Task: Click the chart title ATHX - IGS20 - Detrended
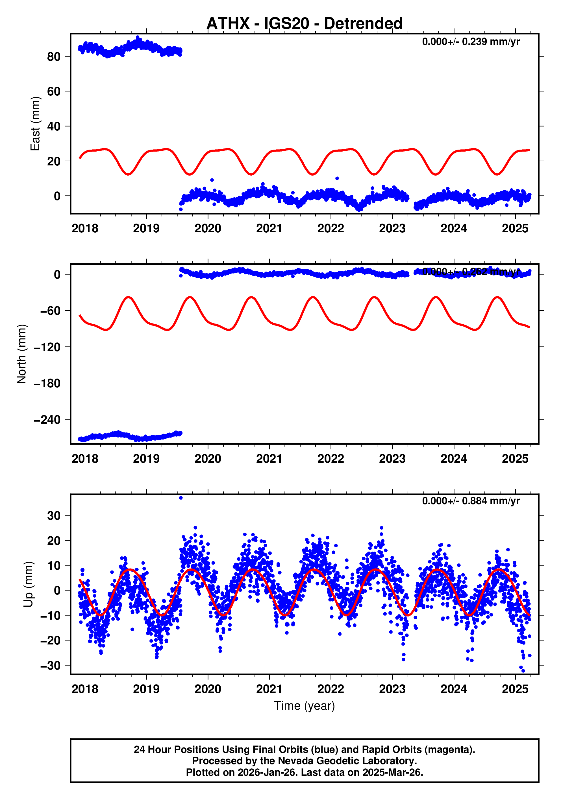pyautogui.click(x=305, y=23)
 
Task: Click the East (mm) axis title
pyautogui.click(x=35, y=124)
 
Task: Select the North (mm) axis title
pyautogui.click(x=22, y=354)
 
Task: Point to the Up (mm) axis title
pyautogui.click(x=29, y=584)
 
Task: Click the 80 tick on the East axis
pyautogui.click(x=54, y=56)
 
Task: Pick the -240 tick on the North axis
pyautogui.click(x=47, y=419)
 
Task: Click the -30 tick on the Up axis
pyautogui.click(x=51, y=666)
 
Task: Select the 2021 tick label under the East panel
pyautogui.click(x=269, y=229)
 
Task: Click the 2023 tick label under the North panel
pyautogui.click(x=392, y=459)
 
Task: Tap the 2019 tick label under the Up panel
pyautogui.click(x=146, y=689)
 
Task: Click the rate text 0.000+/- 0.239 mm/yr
pyautogui.click(x=471, y=42)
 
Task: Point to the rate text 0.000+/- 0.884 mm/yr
pyautogui.click(x=471, y=501)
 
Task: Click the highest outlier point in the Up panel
pyautogui.click(x=181, y=498)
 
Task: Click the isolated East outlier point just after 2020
pyautogui.click(x=212, y=180)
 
